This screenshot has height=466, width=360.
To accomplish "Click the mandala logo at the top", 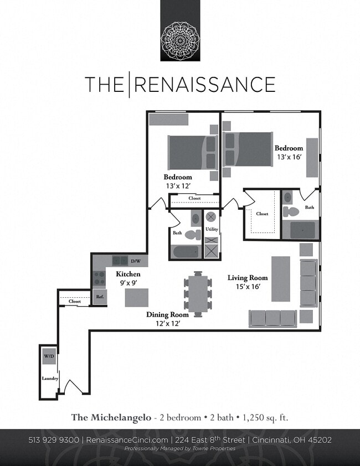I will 180,40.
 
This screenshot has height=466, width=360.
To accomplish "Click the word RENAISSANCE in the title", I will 205,85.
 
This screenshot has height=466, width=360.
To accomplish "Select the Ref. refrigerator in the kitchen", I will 100,297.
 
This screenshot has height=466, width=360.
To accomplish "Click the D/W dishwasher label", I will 136,261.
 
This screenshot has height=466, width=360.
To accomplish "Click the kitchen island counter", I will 136,297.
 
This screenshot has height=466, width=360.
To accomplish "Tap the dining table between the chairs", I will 198,292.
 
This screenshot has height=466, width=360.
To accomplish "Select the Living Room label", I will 248,278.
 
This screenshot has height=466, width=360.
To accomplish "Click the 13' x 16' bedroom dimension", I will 289,157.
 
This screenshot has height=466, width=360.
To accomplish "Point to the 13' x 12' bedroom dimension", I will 178,186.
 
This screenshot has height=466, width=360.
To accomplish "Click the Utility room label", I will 212,229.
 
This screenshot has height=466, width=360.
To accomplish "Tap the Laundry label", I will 50,379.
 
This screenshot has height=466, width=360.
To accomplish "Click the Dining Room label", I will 167,314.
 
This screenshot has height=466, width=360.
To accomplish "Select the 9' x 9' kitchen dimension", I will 128,283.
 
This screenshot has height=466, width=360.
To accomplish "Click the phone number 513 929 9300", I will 54,440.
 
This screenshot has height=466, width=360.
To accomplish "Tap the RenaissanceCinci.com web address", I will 127,440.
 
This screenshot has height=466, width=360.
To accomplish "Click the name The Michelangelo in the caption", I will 111,417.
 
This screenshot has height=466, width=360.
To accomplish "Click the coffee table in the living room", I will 280,278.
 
